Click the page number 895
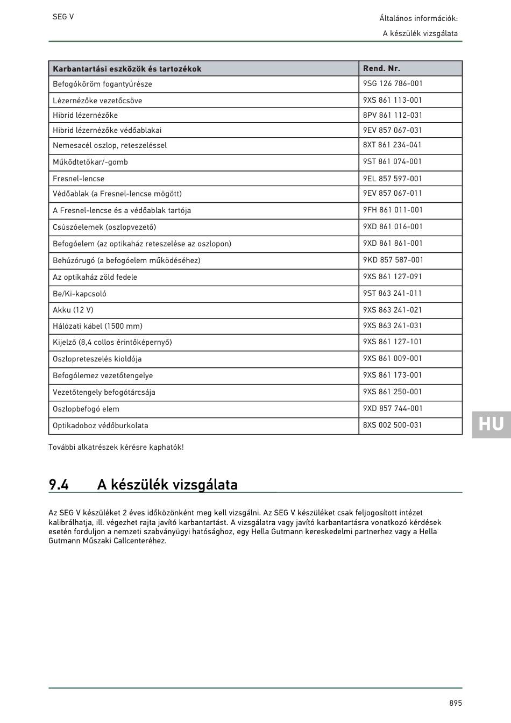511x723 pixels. (456, 703)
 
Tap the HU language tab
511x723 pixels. (491, 424)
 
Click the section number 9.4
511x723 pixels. (59, 485)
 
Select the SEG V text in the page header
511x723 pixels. (63, 17)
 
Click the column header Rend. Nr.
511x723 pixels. (381, 68)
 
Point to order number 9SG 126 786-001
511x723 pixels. (393, 83)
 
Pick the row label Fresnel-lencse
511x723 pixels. (79, 179)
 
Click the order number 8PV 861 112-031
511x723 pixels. (393, 115)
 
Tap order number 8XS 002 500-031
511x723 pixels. (393, 425)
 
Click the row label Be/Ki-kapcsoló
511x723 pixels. (80, 294)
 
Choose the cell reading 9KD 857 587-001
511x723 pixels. (393, 260)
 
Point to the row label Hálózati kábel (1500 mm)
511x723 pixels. (97, 326)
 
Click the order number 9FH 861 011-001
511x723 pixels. (393, 210)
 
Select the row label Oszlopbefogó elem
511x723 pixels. (86, 409)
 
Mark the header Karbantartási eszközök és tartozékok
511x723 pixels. (127, 69)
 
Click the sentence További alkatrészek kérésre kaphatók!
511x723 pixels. (116, 447)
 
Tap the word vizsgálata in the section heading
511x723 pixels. (207, 485)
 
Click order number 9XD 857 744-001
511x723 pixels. (393, 408)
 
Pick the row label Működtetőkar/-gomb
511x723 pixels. (90, 162)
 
